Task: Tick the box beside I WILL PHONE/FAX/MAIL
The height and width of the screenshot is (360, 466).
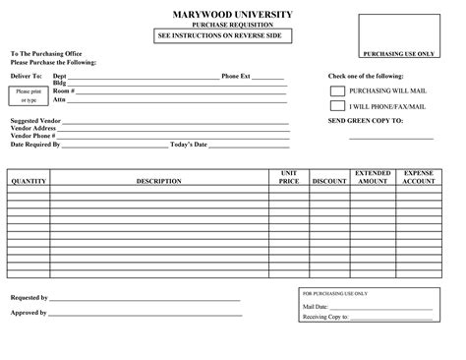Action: click(337, 105)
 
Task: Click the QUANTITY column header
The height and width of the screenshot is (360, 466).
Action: click(29, 181)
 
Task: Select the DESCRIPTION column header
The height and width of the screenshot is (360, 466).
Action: click(158, 181)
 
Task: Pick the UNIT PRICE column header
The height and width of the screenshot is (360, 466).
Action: click(288, 177)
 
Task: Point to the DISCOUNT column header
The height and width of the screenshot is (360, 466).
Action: click(329, 181)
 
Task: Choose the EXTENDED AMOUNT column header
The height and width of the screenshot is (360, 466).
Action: click(373, 177)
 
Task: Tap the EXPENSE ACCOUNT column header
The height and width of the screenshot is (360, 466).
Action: click(419, 177)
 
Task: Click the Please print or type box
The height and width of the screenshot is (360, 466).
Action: click(26, 95)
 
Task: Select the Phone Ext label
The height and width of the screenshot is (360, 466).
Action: click(236, 76)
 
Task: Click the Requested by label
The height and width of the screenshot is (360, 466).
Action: click(29, 297)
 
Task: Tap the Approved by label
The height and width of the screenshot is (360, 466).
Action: click(29, 312)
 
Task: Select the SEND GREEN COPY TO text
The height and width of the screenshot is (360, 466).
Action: click(365, 120)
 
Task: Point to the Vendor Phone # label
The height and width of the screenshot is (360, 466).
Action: click(34, 136)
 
